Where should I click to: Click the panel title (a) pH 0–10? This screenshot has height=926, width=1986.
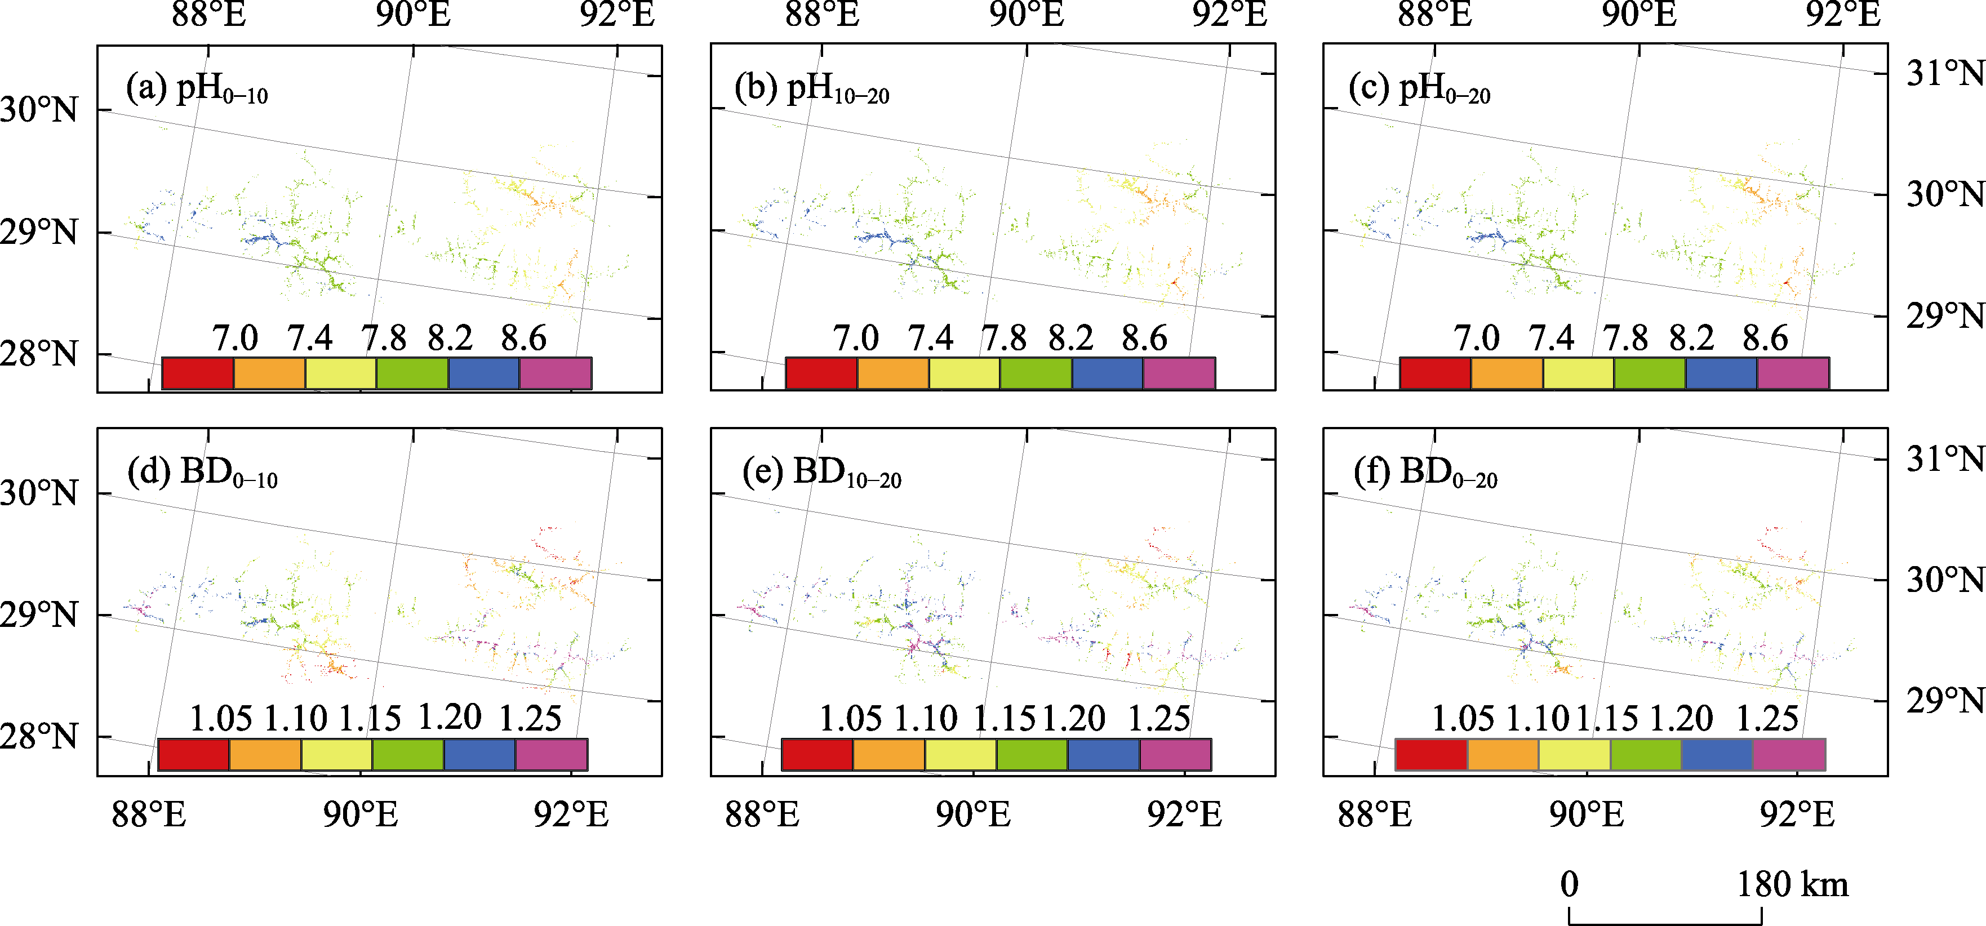(197, 90)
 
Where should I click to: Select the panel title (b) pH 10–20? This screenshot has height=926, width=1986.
(811, 90)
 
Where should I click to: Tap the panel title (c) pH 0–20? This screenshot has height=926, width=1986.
(1419, 90)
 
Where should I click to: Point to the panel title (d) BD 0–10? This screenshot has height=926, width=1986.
(202, 473)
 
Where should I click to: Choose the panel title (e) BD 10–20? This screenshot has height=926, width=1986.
(821, 473)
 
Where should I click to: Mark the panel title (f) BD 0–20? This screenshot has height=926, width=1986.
(1425, 473)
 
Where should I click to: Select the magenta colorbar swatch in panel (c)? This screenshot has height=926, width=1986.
(1793, 373)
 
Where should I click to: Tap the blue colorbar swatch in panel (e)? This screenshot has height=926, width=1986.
(1103, 754)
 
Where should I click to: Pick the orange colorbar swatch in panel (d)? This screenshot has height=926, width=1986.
(264, 754)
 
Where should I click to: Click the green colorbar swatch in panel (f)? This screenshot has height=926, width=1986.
(1645, 754)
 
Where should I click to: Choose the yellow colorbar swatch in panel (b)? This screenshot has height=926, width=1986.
(964, 373)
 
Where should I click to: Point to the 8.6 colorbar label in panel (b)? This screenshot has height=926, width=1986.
(1144, 339)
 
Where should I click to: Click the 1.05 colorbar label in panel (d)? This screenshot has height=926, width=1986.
(220, 719)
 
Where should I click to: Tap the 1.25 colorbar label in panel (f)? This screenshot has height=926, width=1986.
(1766, 719)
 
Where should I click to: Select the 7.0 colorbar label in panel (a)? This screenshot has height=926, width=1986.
(234, 339)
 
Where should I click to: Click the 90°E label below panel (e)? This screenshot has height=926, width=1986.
(973, 814)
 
